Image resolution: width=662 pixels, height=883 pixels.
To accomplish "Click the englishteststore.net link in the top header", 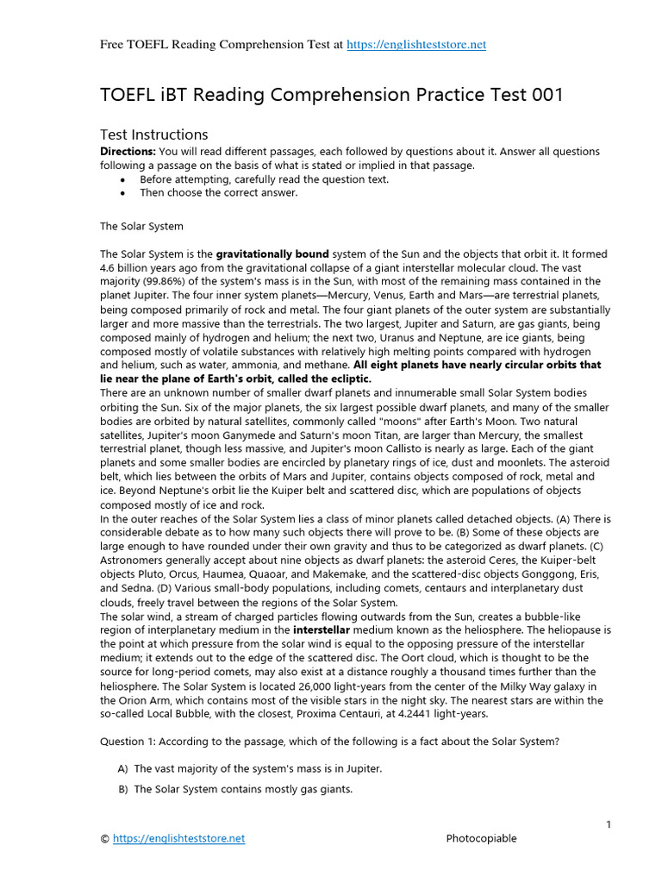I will (416, 45).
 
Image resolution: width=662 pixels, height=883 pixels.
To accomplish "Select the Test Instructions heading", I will (154, 135).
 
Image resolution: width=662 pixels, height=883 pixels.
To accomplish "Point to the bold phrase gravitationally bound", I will (272, 254).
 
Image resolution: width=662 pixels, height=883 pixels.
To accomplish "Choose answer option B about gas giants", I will (243, 789).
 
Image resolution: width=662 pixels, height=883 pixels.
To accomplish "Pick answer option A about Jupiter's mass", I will (258, 768).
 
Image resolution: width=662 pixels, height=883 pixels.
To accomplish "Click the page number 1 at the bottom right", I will (608, 825).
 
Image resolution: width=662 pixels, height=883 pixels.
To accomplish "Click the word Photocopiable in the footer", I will (482, 838).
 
